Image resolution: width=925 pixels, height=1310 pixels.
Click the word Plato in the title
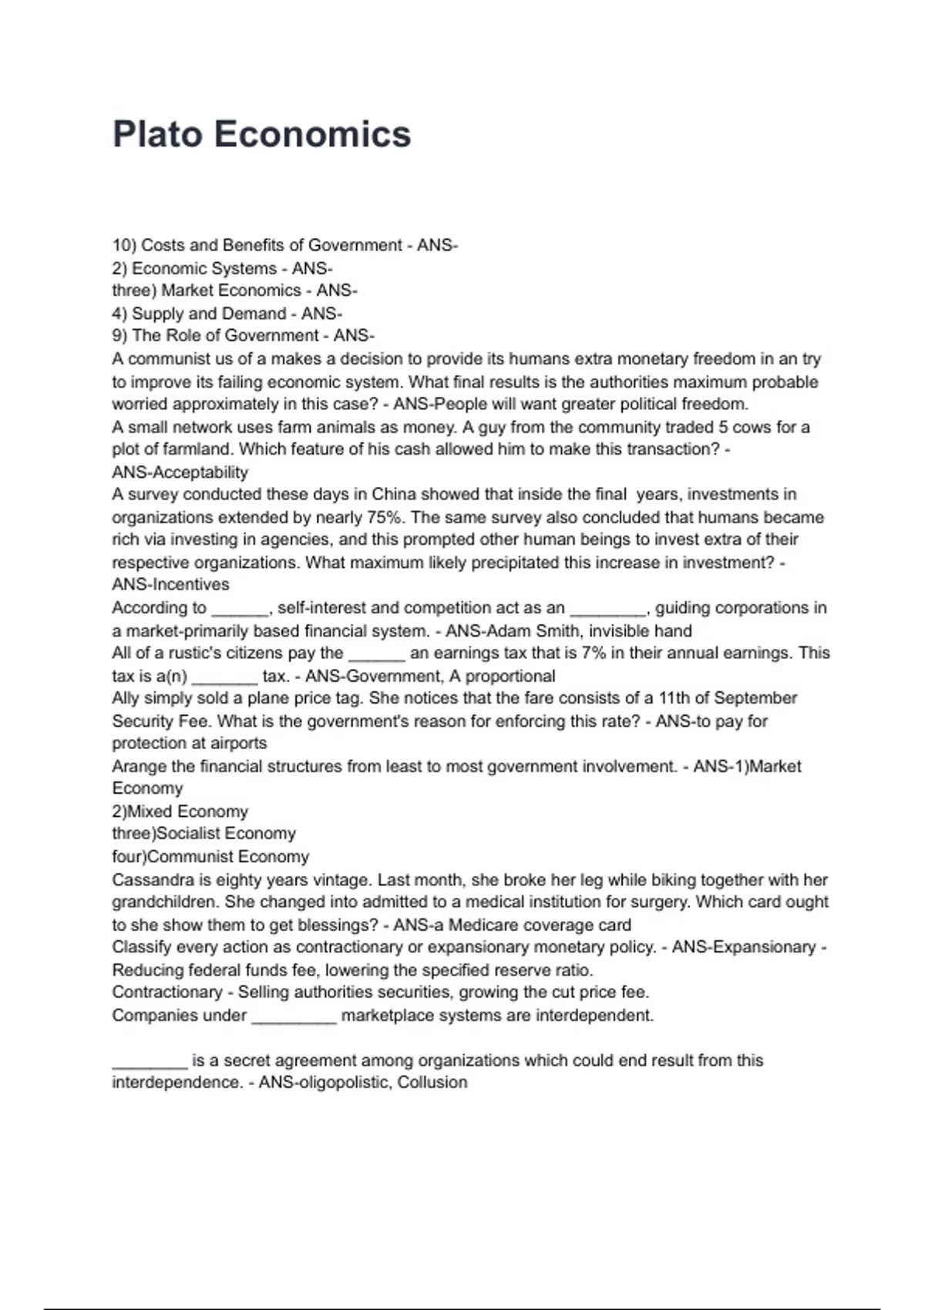point(158,135)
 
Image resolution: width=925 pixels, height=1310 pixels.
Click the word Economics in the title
point(312,135)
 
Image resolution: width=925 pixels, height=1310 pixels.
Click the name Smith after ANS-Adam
point(555,631)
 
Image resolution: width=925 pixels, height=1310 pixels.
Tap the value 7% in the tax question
point(594,653)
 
